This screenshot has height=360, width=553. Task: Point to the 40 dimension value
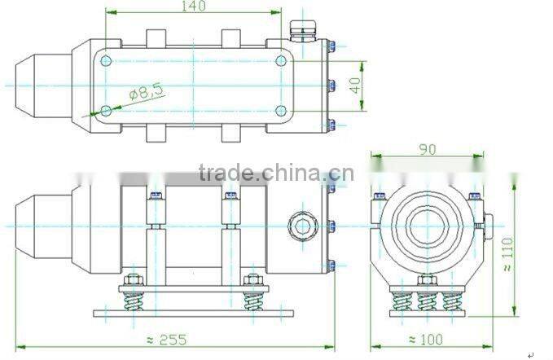[355, 85]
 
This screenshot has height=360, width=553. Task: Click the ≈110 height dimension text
[507, 253]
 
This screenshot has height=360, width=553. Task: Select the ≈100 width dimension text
[424, 340]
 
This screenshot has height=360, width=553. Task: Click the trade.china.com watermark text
[275, 173]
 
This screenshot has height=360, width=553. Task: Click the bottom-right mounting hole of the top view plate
[280, 111]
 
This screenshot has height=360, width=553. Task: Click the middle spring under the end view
[427, 301]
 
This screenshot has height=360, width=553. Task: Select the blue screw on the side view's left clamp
[153, 195]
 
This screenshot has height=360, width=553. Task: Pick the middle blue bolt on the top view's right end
[331, 85]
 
